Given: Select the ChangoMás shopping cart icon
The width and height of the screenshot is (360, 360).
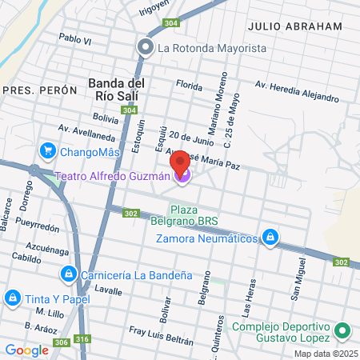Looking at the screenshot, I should (x=48, y=150).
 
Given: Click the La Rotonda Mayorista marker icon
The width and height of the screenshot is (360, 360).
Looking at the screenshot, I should (x=145, y=48).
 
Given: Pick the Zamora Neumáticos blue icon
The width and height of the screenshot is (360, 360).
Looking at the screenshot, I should (x=271, y=238).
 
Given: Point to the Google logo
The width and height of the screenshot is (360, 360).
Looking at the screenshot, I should (x=26, y=350).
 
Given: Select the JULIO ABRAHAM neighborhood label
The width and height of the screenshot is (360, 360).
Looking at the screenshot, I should (x=294, y=26).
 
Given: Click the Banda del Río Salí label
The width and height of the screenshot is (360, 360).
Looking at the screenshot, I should (x=116, y=90).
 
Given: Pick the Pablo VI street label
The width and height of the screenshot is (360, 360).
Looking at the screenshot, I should (x=76, y=38).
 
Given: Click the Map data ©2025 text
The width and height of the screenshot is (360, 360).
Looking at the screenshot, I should (x=324, y=354).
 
